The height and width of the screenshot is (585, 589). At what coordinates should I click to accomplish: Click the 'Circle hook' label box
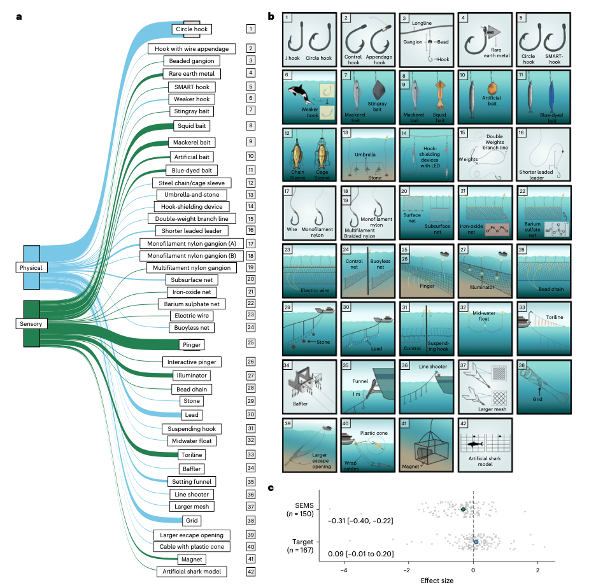click(192, 29)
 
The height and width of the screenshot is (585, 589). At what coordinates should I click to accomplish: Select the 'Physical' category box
click(31, 268)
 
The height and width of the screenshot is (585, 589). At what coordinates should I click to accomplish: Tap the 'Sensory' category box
click(31, 324)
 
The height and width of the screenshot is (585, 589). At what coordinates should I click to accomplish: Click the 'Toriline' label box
click(192, 455)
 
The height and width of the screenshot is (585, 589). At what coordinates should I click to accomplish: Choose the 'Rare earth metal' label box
click(192, 73)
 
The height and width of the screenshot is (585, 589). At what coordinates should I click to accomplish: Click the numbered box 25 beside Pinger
click(252, 343)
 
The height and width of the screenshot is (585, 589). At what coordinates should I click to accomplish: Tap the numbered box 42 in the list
click(252, 571)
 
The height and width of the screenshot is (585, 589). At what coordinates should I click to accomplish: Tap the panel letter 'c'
click(272, 488)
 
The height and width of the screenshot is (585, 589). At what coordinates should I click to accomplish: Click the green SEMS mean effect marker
click(464, 509)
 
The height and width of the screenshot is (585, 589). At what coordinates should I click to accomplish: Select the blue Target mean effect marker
click(476, 542)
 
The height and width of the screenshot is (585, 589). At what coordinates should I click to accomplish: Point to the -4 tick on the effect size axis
click(344, 570)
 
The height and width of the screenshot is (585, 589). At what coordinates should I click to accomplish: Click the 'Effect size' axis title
click(439, 580)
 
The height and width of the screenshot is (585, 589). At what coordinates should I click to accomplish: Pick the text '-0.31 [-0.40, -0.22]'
click(360, 521)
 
